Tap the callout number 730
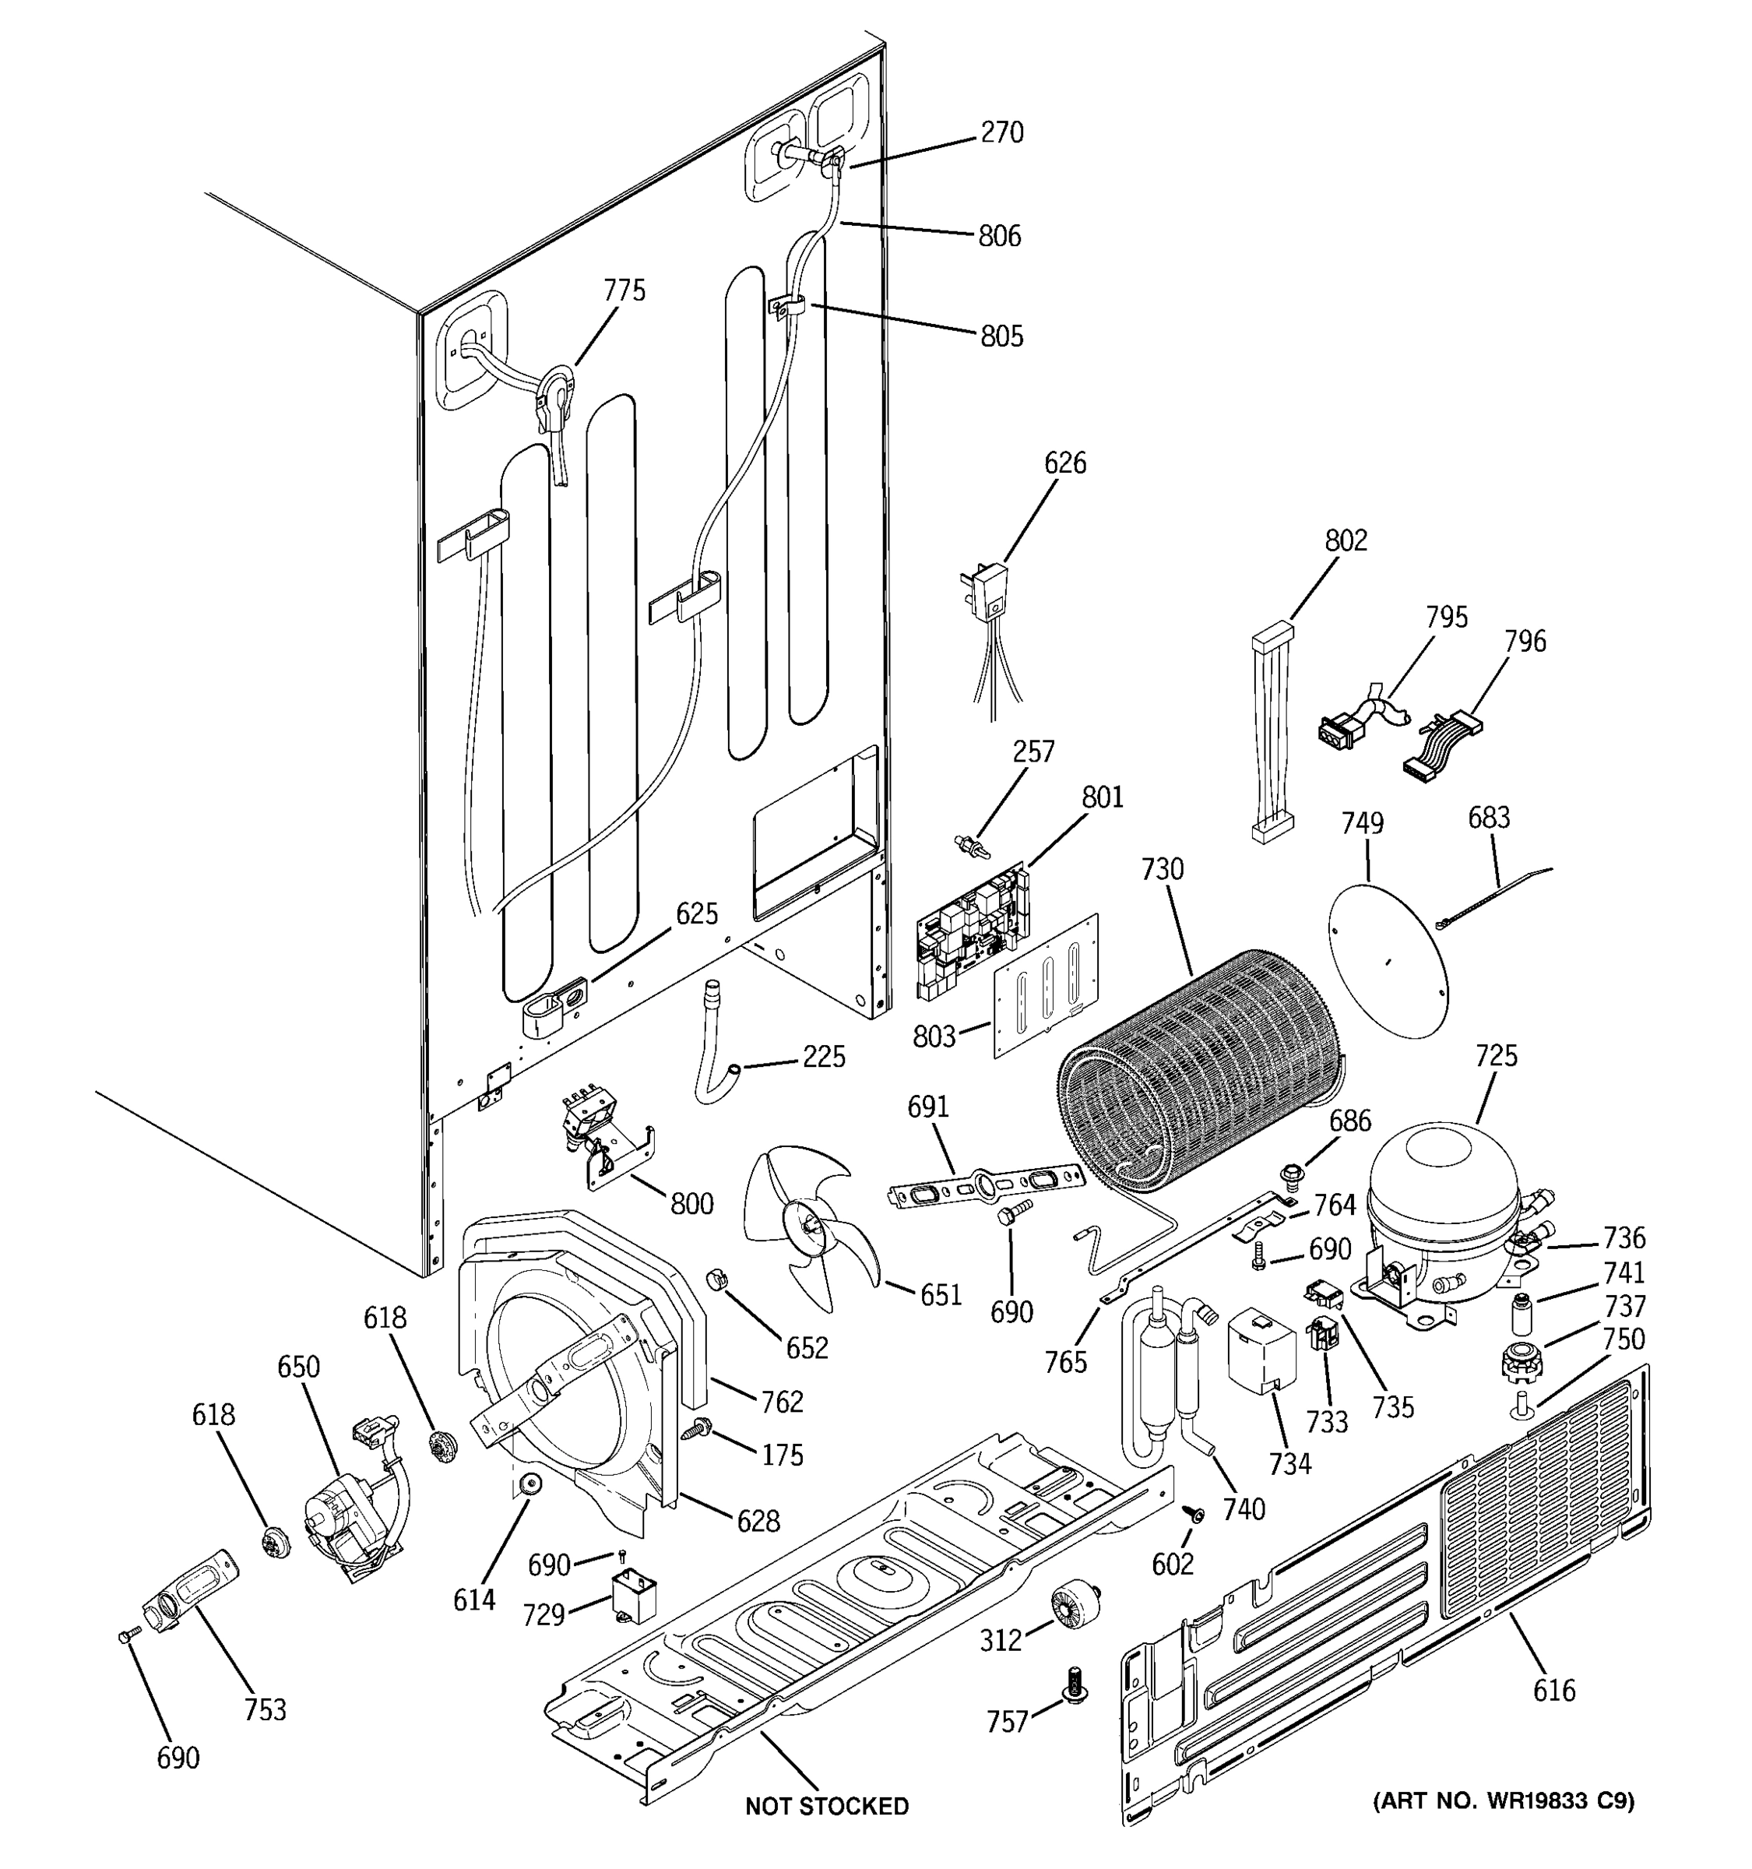click(x=1163, y=870)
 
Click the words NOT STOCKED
click(x=826, y=1806)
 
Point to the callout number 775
click(x=624, y=290)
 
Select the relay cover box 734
click(x=1261, y=1351)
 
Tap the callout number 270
click(x=1002, y=133)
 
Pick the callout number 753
click(x=264, y=1709)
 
